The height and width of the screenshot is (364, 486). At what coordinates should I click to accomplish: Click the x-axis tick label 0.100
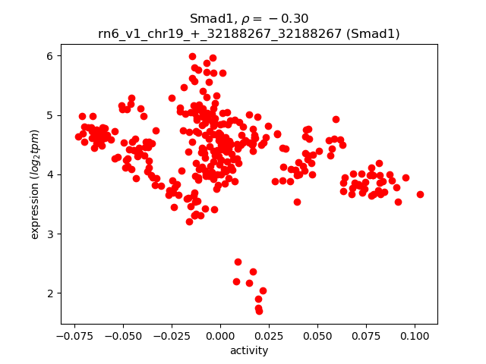coord(414,337)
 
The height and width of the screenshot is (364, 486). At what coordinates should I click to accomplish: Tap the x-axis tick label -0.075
coord(72,337)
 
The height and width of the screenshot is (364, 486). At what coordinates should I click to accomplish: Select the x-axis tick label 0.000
coord(220,337)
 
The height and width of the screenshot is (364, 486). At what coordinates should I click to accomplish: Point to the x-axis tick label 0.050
coord(317,337)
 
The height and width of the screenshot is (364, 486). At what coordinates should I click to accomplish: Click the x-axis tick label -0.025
coord(169,337)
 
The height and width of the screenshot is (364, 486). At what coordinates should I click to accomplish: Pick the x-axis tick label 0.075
coord(365,337)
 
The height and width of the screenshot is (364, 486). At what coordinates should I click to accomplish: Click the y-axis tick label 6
coord(49,56)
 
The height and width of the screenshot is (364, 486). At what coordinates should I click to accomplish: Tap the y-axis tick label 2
coord(49,293)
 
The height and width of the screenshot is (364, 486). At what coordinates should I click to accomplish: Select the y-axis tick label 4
coord(49,174)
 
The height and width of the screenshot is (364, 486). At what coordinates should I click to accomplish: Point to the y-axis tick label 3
coord(49,234)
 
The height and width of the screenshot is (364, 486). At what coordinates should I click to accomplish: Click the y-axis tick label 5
coord(49,115)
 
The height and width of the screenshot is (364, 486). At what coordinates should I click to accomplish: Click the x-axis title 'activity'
coord(249,350)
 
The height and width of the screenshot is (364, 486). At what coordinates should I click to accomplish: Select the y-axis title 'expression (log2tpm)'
coord(35,184)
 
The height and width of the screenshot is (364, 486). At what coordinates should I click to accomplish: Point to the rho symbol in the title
coord(256,19)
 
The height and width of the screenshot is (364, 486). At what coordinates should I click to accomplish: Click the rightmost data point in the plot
coord(420,194)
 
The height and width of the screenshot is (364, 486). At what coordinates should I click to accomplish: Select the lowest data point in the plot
coord(259,311)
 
